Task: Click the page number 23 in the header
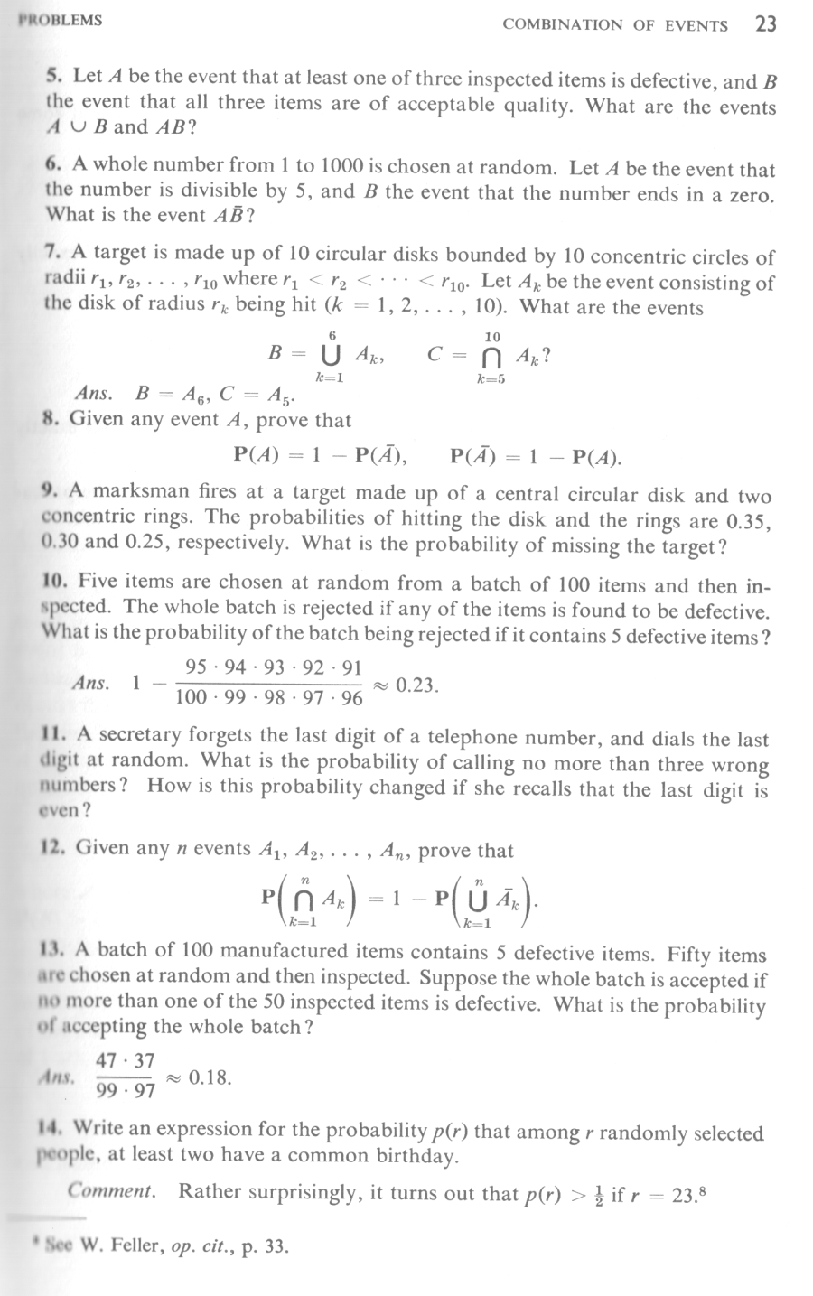coord(764,23)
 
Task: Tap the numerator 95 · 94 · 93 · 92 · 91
coord(273,668)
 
